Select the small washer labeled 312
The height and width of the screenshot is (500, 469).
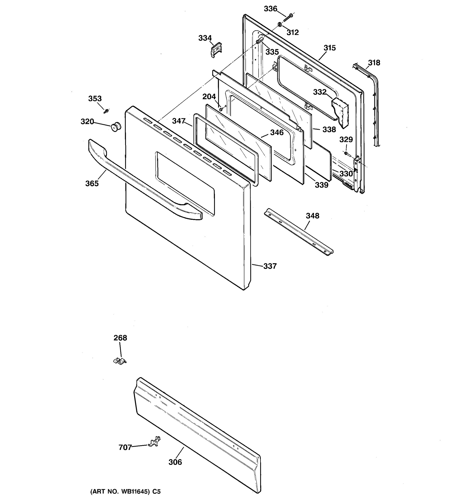280,24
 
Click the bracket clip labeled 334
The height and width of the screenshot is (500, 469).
216,49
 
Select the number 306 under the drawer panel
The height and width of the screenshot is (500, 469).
175,462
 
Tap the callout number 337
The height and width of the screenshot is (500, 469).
270,266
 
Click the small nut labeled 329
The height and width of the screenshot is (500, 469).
346,153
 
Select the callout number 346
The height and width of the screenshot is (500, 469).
277,132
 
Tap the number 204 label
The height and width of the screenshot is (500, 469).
209,97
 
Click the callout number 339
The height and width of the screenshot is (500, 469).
322,185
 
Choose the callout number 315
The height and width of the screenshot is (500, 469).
329,48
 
